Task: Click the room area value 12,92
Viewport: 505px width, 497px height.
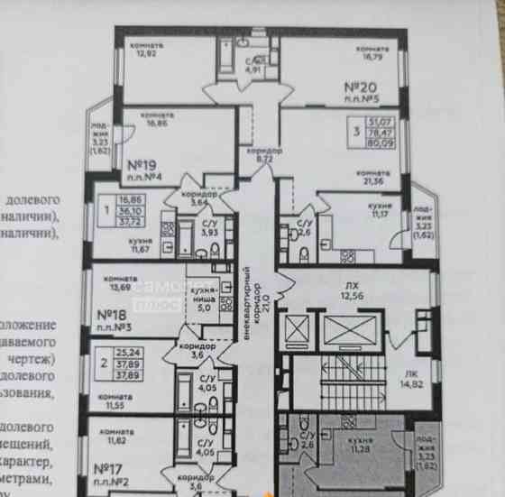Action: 146,53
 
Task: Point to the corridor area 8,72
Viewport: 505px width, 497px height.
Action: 264,158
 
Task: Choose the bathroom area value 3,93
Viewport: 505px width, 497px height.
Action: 208,233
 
